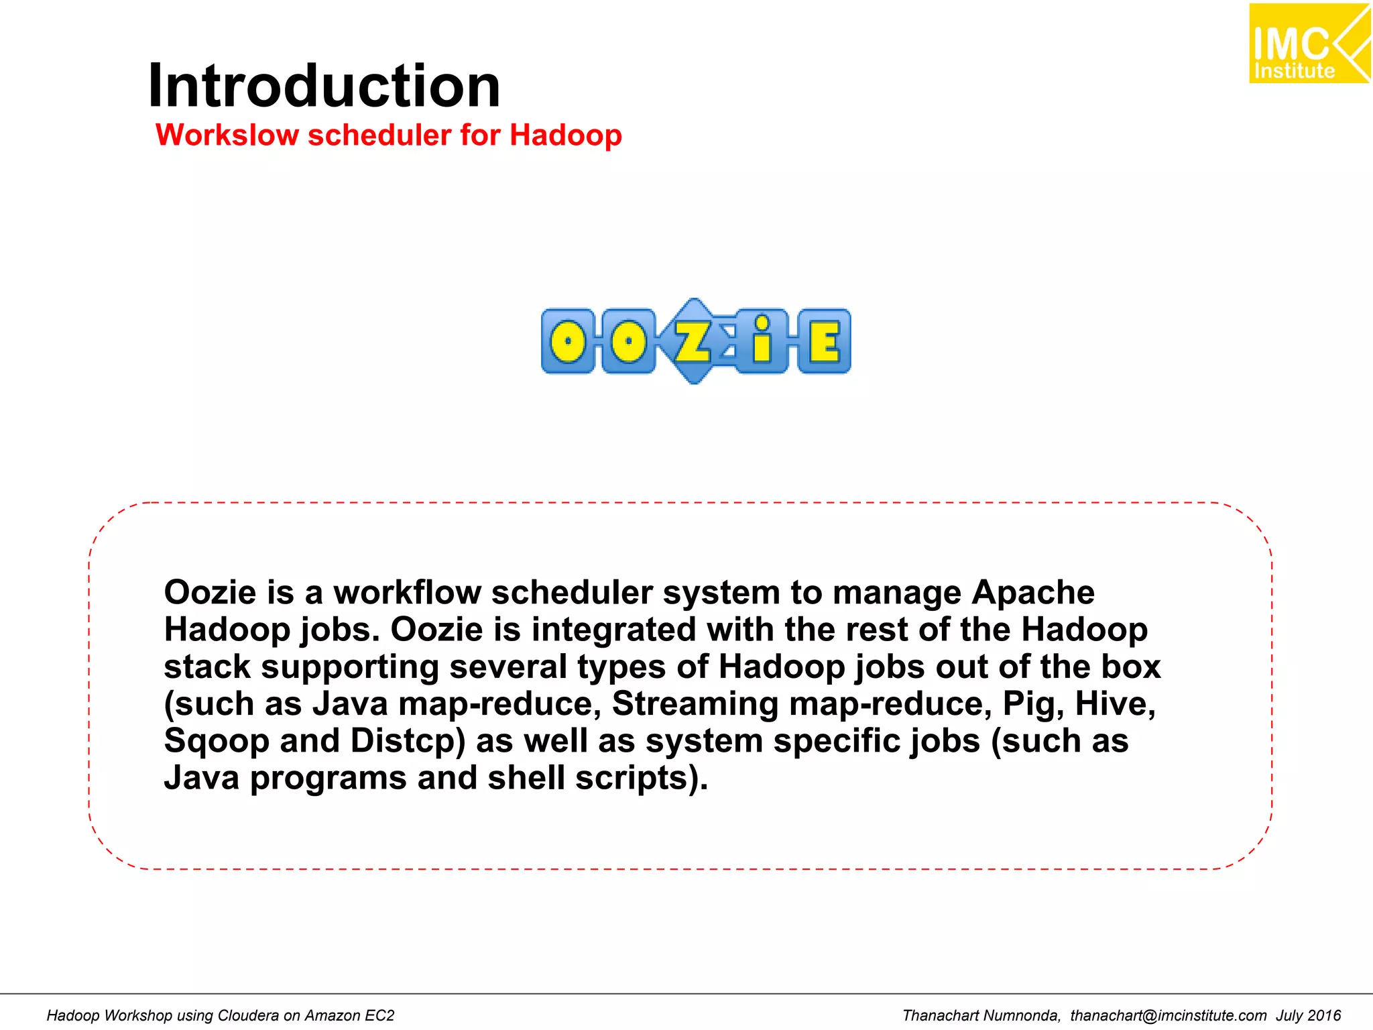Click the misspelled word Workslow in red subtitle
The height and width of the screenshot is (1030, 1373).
[x=227, y=135]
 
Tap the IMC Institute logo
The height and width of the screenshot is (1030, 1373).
[x=1308, y=44]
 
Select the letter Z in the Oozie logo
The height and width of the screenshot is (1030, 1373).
[x=693, y=341]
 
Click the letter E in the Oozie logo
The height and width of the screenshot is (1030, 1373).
[x=824, y=341]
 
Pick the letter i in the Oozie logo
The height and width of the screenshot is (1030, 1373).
[x=761, y=341]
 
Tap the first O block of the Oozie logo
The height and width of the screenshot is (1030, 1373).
[x=568, y=341]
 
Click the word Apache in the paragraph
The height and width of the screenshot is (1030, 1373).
[x=1032, y=593]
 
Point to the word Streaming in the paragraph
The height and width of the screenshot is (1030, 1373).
[x=695, y=704]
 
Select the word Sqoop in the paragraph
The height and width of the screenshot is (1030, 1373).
[x=216, y=742]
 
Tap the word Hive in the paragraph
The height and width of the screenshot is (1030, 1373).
[x=1114, y=704]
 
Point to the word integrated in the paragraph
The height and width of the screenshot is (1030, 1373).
[x=613, y=630]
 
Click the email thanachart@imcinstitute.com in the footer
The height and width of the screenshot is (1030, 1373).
[x=1168, y=1015]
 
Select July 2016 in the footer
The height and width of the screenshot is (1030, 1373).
[x=1308, y=1015]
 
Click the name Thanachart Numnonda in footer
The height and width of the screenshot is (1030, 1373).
[x=981, y=1015]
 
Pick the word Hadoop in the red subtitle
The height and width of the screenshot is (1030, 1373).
[x=565, y=135]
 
